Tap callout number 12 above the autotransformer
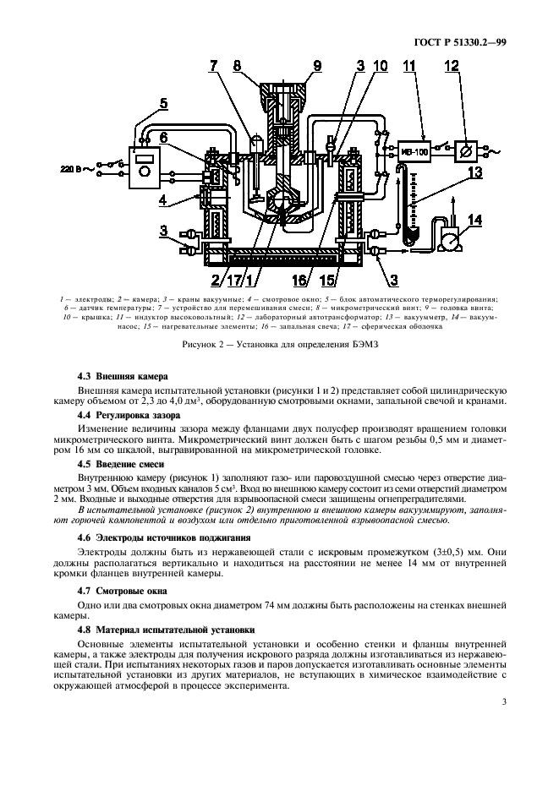pos(475,67)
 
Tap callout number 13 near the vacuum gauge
pos(474,172)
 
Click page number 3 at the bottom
pos(503,701)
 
